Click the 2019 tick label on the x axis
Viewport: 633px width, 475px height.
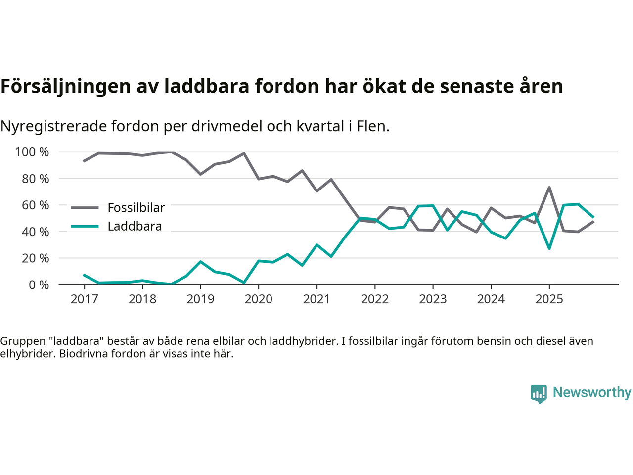200,299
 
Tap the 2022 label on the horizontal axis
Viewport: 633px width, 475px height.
375,299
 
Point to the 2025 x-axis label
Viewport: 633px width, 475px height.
549,299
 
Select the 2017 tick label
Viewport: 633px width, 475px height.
84,299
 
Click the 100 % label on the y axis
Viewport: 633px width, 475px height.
32,152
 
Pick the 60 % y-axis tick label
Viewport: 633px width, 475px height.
35,205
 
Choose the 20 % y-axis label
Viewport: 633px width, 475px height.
35,258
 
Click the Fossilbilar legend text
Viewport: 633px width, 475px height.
136,208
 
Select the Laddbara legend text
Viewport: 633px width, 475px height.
135,226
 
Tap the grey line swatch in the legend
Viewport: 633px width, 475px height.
85,208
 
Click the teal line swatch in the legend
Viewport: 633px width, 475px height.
85,226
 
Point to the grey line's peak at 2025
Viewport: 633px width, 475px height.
549,188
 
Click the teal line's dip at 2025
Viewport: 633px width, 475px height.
549,248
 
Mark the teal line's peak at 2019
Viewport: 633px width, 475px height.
200,261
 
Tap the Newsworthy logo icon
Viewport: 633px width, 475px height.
539,394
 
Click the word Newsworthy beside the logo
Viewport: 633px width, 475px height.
591,392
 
